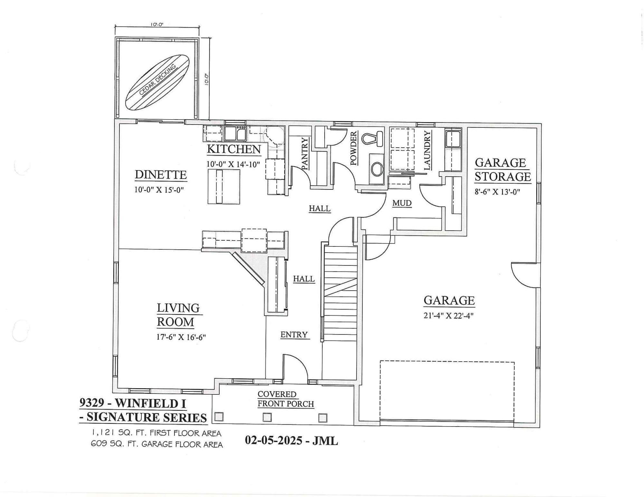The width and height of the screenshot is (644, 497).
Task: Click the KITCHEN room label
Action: [233, 149]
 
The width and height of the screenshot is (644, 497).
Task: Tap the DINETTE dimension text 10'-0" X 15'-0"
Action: [159, 190]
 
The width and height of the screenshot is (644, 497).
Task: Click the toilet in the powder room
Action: [372, 139]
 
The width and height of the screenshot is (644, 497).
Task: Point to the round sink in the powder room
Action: [377, 169]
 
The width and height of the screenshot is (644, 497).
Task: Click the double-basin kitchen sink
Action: [235, 133]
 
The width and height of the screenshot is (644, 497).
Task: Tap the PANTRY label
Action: [305, 153]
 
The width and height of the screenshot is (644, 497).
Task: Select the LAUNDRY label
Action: [427, 150]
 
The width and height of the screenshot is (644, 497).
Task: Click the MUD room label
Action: [402, 203]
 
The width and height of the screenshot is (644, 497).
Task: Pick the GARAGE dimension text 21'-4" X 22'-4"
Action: [448, 316]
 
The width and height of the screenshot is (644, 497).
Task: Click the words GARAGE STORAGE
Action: [502, 170]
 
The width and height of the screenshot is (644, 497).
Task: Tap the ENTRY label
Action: [294, 335]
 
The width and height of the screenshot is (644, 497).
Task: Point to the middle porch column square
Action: [267, 417]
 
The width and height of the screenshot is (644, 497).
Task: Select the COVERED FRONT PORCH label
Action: [285, 399]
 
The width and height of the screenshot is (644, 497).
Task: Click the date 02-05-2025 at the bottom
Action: [273, 440]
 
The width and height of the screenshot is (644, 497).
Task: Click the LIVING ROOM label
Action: [178, 315]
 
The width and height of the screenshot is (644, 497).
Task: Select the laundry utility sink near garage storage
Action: [453, 139]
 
